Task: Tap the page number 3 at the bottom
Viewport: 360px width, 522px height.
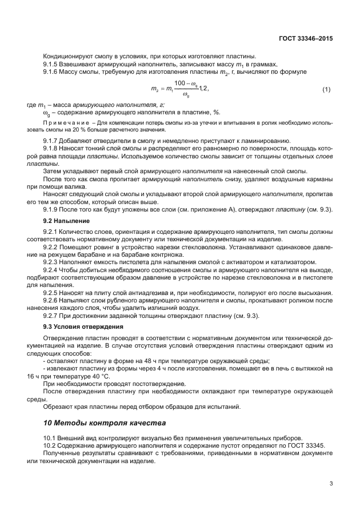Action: point(331,484)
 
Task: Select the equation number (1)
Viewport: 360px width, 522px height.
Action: point(326,90)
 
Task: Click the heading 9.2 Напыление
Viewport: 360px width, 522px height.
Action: point(66,220)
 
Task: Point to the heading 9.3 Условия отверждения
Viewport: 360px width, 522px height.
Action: point(83,326)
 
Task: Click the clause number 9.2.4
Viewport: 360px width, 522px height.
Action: point(53,269)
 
